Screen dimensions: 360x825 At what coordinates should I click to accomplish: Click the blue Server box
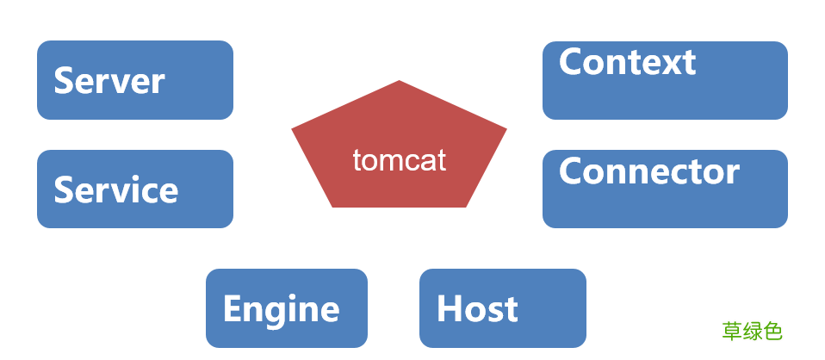pos(135,80)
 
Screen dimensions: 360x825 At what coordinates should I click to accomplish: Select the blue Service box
pos(135,189)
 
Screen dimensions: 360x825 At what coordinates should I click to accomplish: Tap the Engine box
pos(287,308)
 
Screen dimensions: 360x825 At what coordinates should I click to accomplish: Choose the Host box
pos(503,308)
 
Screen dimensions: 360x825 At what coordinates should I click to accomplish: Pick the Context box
pos(665,80)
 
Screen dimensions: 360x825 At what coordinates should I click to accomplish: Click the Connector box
pos(665,189)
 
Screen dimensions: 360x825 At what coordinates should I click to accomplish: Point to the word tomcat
pos(399,160)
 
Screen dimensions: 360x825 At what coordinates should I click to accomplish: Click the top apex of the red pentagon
pos(400,81)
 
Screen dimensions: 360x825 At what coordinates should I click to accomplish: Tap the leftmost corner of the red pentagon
pos(293,129)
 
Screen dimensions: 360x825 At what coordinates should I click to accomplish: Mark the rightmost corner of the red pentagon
pos(506,129)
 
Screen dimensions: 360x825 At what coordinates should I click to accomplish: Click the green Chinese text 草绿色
pos(752,331)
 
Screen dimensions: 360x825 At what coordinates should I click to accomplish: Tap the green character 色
pos(772,331)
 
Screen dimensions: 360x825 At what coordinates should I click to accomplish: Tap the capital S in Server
pos(65,81)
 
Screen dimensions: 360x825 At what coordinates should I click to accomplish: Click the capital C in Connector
pos(572,171)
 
